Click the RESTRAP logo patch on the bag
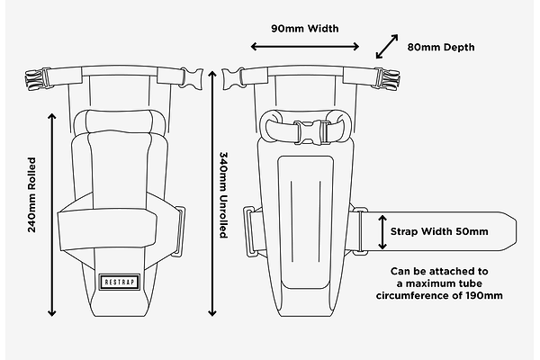coord(117,280)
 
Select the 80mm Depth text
coord(440,47)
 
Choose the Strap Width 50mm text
coord(439,231)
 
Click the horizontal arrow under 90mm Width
coord(305,46)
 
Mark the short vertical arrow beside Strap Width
coord(381,231)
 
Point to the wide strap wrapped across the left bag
coord(117,229)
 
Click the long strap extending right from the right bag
coord(441,231)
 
